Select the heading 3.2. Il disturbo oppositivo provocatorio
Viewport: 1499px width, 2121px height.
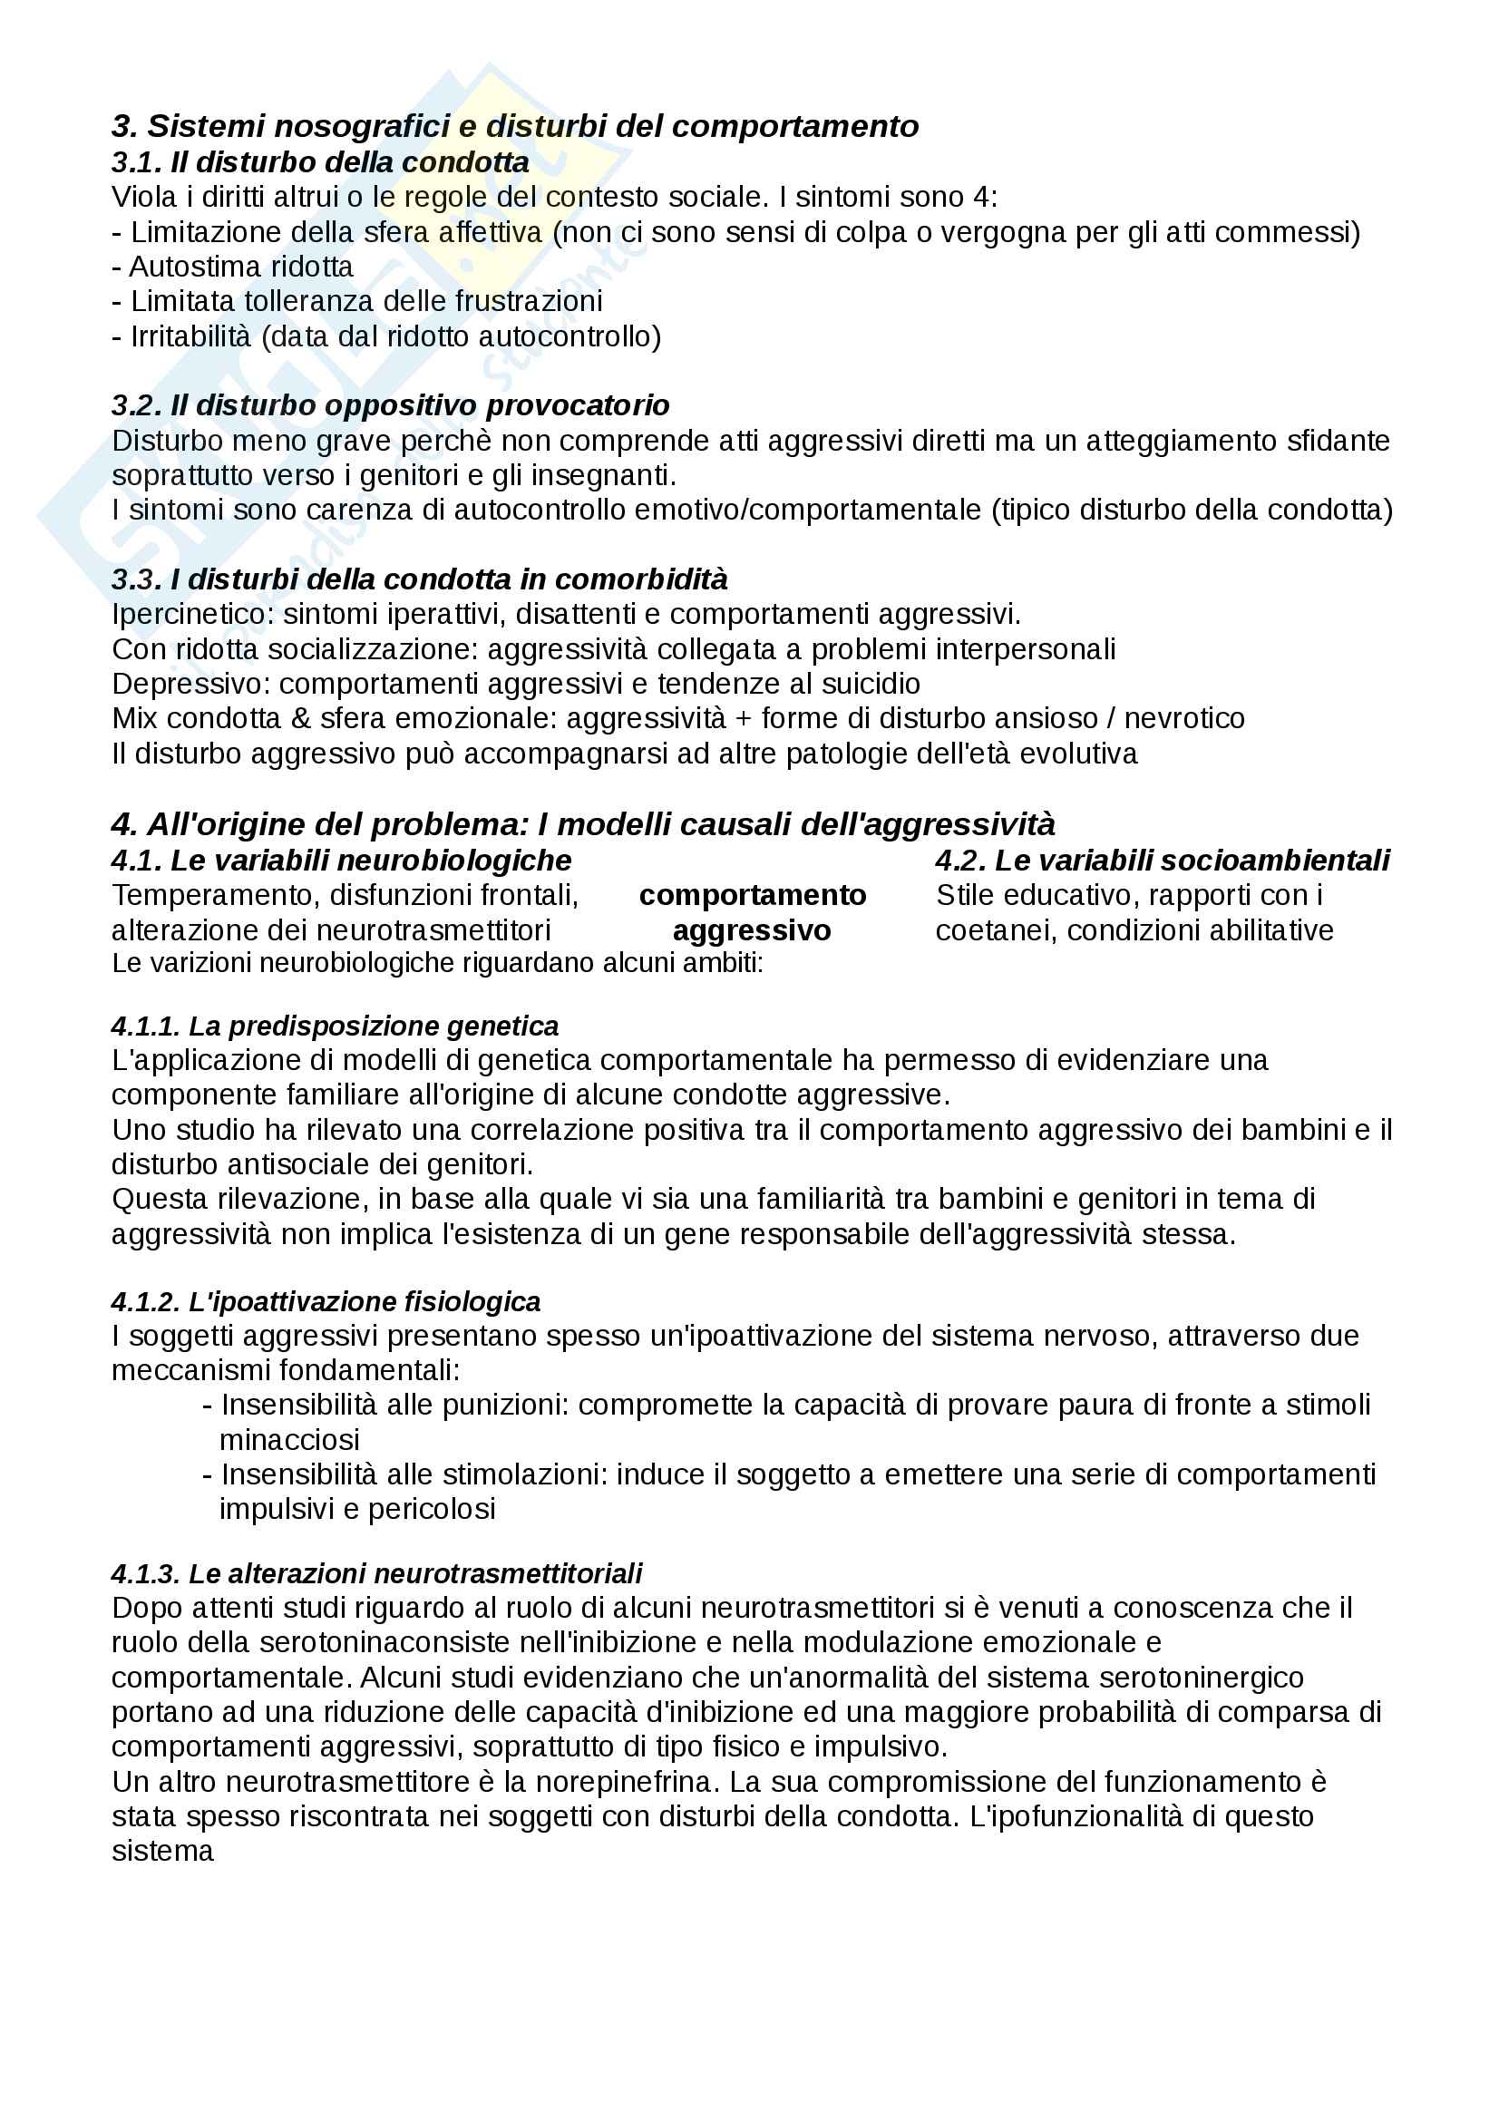click(390, 405)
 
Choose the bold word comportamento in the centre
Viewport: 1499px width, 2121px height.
click(752, 895)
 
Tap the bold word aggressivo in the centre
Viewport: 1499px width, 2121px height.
click(752, 930)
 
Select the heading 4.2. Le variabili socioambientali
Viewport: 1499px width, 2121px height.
click(1162, 861)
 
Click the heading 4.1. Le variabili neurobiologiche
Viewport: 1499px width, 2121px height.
click(341, 861)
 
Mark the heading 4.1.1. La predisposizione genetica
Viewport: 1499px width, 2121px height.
click(335, 1026)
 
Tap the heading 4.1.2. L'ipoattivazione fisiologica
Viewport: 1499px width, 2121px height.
click(326, 1301)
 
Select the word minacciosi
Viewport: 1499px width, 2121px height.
click(289, 1439)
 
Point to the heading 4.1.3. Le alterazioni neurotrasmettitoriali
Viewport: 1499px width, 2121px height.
click(376, 1573)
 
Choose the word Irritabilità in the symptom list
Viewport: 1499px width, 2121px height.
click(190, 336)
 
